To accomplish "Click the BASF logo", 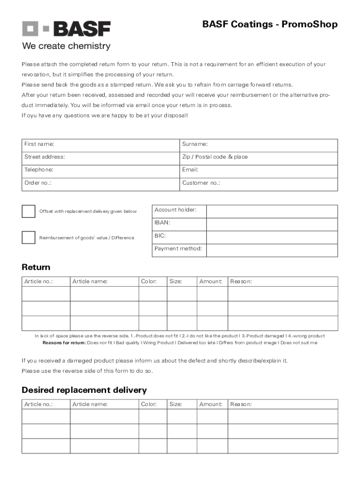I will coord(66,29).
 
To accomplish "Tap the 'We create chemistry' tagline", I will coord(66,46).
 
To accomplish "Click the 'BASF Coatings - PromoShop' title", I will coord(270,24).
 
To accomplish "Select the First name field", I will coord(117,145).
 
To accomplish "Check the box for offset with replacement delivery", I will coord(29,211).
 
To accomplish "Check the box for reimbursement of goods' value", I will coord(29,238).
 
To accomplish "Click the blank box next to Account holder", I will coord(272,211).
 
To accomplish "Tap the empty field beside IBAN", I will coord(272,225).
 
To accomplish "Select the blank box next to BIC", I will coord(272,238).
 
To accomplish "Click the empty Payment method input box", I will coord(272,250).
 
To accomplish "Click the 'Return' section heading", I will coord(36,268).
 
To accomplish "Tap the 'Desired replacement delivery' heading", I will coord(84,390).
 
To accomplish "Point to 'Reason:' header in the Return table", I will coord(241,282).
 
